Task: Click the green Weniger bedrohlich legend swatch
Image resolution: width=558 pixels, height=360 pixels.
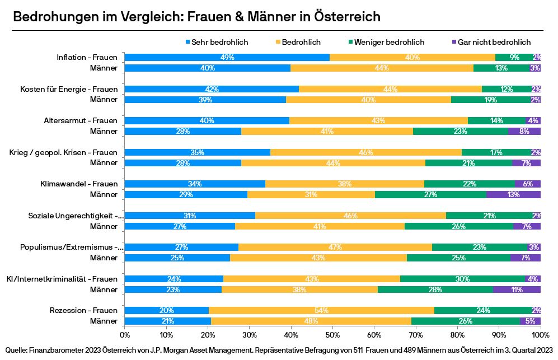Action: (351, 42)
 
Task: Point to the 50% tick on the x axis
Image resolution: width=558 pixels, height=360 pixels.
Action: (332, 334)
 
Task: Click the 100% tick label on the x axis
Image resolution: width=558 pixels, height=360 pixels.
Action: (540, 334)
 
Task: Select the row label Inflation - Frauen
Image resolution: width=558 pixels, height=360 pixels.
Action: (87, 57)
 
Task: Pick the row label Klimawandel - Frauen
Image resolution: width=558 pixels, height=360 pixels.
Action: (79, 184)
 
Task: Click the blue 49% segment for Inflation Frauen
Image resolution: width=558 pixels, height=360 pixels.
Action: (227, 57)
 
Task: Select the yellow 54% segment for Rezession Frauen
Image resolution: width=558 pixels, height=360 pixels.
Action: (321, 310)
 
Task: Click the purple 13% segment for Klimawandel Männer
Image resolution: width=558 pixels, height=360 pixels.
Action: (513, 194)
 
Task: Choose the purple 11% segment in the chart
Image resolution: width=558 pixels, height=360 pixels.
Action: (517, 289)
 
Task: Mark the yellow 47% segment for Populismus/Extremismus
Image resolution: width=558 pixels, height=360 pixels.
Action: (335, 247)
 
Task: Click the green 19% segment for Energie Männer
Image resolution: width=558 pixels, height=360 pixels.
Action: (491, 99)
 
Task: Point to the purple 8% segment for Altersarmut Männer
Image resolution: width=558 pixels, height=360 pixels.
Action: (524, 131)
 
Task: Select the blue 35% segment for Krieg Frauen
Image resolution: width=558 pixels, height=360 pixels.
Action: (197, 152)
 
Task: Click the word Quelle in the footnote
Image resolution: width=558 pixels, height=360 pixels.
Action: (16, 350)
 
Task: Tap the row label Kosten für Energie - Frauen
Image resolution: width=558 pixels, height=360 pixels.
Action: (69, 89)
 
